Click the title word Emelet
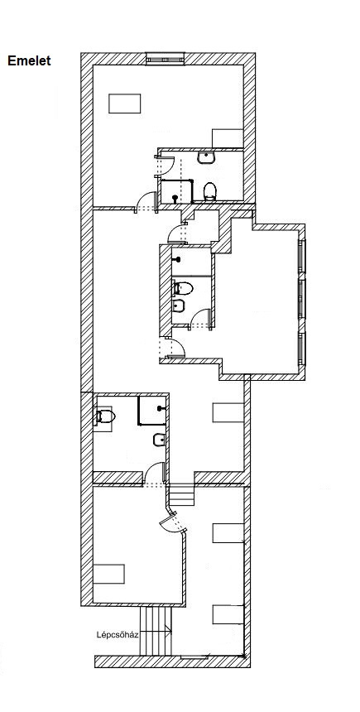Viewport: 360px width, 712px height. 29,60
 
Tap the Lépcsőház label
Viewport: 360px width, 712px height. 118,634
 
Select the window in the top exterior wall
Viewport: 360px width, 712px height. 166,59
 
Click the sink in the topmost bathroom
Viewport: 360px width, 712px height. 207,157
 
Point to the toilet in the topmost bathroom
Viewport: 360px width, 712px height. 209,191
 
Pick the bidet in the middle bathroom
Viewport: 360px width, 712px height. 179,306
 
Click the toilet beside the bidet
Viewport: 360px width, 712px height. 183,288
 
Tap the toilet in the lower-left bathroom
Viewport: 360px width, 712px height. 104,416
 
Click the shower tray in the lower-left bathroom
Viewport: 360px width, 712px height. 152,410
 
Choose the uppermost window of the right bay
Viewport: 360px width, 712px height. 302,254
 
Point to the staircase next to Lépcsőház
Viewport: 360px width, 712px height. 156,631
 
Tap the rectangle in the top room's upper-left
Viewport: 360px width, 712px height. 124,103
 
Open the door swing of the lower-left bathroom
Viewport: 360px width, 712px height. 156,472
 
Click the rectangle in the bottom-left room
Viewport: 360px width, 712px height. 108,574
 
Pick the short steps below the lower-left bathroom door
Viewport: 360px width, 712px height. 181,495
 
